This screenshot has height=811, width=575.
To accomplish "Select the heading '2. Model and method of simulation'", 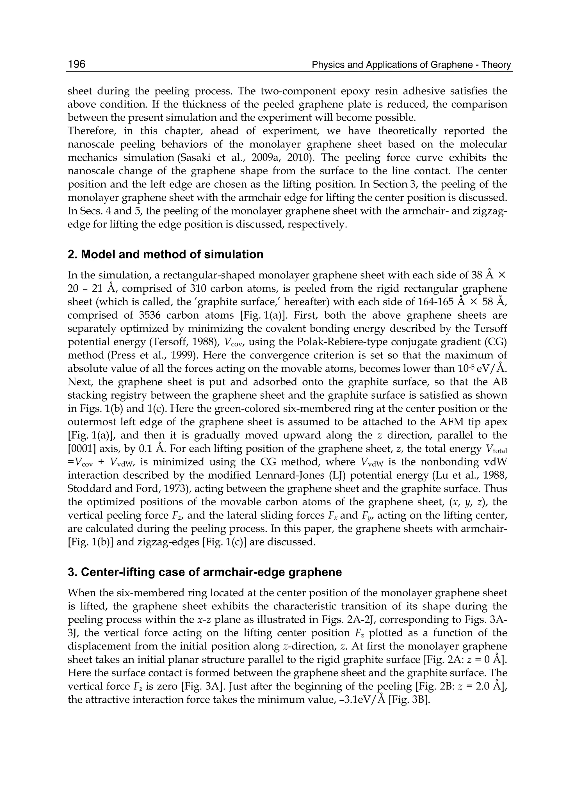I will coord(165,255).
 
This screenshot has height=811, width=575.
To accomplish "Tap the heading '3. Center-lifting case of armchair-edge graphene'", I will coord(204,572).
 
